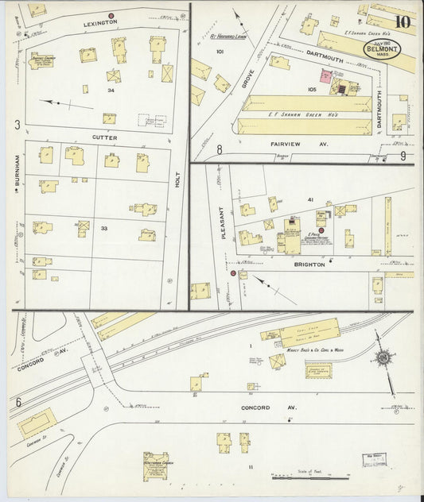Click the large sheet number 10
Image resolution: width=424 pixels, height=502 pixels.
coord(402,21)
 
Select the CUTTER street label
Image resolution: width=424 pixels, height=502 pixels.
coord(105,137)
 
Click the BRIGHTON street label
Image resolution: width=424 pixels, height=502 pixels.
coord(309,265)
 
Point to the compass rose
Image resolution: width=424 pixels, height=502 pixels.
coord(383,359)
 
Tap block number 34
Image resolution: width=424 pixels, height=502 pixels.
coord(111,91)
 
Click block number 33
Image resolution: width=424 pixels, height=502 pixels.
coord(104,228)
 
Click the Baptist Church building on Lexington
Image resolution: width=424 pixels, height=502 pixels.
coord(41,61)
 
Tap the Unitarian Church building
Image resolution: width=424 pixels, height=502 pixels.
coord(155,466)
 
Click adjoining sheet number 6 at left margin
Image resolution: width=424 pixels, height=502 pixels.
coord(18,403)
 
